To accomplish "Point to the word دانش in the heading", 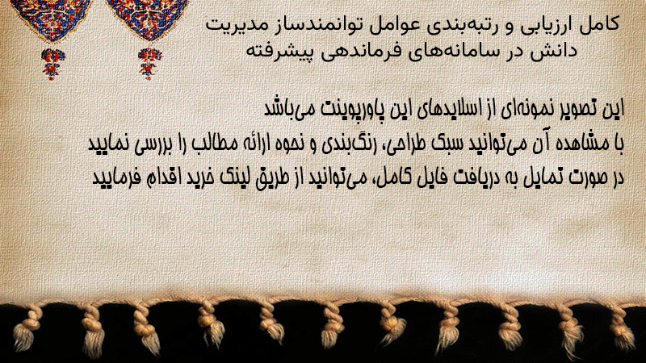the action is coord(557,51).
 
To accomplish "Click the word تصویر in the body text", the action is coord(576,109).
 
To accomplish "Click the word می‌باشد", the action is coord(285,109).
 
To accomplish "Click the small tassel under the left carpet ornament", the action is coord(52,64).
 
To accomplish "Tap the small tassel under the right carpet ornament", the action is coord(149,64).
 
